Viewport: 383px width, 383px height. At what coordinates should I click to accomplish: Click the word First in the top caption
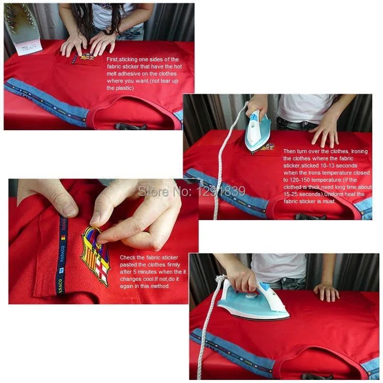pos(112,59)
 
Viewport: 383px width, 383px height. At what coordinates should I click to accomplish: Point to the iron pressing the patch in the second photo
pos(258,132)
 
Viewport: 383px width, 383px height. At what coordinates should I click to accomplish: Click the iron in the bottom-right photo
pos(254,300)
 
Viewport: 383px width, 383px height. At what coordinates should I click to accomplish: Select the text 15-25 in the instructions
pos(291,194)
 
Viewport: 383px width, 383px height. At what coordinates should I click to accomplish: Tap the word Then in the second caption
pos(289,152)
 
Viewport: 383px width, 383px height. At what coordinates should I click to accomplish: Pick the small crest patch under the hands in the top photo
pos(85,58)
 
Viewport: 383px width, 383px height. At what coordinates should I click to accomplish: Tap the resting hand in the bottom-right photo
pos(327,292)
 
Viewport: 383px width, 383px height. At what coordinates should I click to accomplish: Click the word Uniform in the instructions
pos(334,194)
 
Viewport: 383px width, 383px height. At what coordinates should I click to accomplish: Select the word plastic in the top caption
pos(125,88)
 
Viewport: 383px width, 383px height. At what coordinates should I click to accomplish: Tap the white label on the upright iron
pos(29,49)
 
